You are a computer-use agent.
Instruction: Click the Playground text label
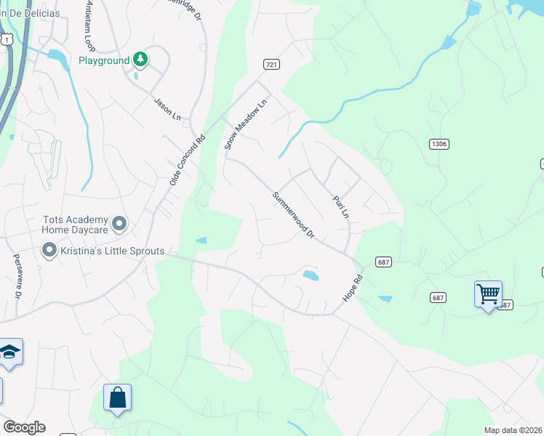coord(103,60)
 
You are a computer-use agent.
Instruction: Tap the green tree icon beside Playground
coord(140,60)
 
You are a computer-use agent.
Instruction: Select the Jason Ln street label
coord(167,108)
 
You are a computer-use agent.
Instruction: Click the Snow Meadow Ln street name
coord(247,124)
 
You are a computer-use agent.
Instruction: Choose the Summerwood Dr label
coord(294,216)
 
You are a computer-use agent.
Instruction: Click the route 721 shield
coord(271,65)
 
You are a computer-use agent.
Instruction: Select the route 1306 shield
coord(439,144)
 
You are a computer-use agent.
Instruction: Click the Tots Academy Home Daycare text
coord(76,225)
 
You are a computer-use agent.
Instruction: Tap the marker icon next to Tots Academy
coord(120,224)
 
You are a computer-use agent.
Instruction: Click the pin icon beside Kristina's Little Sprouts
coord(49,251)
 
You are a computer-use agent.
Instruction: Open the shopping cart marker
coord(488,294)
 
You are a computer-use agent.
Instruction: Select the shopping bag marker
coord(117,397)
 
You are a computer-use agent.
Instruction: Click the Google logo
coord(24,427)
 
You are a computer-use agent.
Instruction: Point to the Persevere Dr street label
coord(17,275)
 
